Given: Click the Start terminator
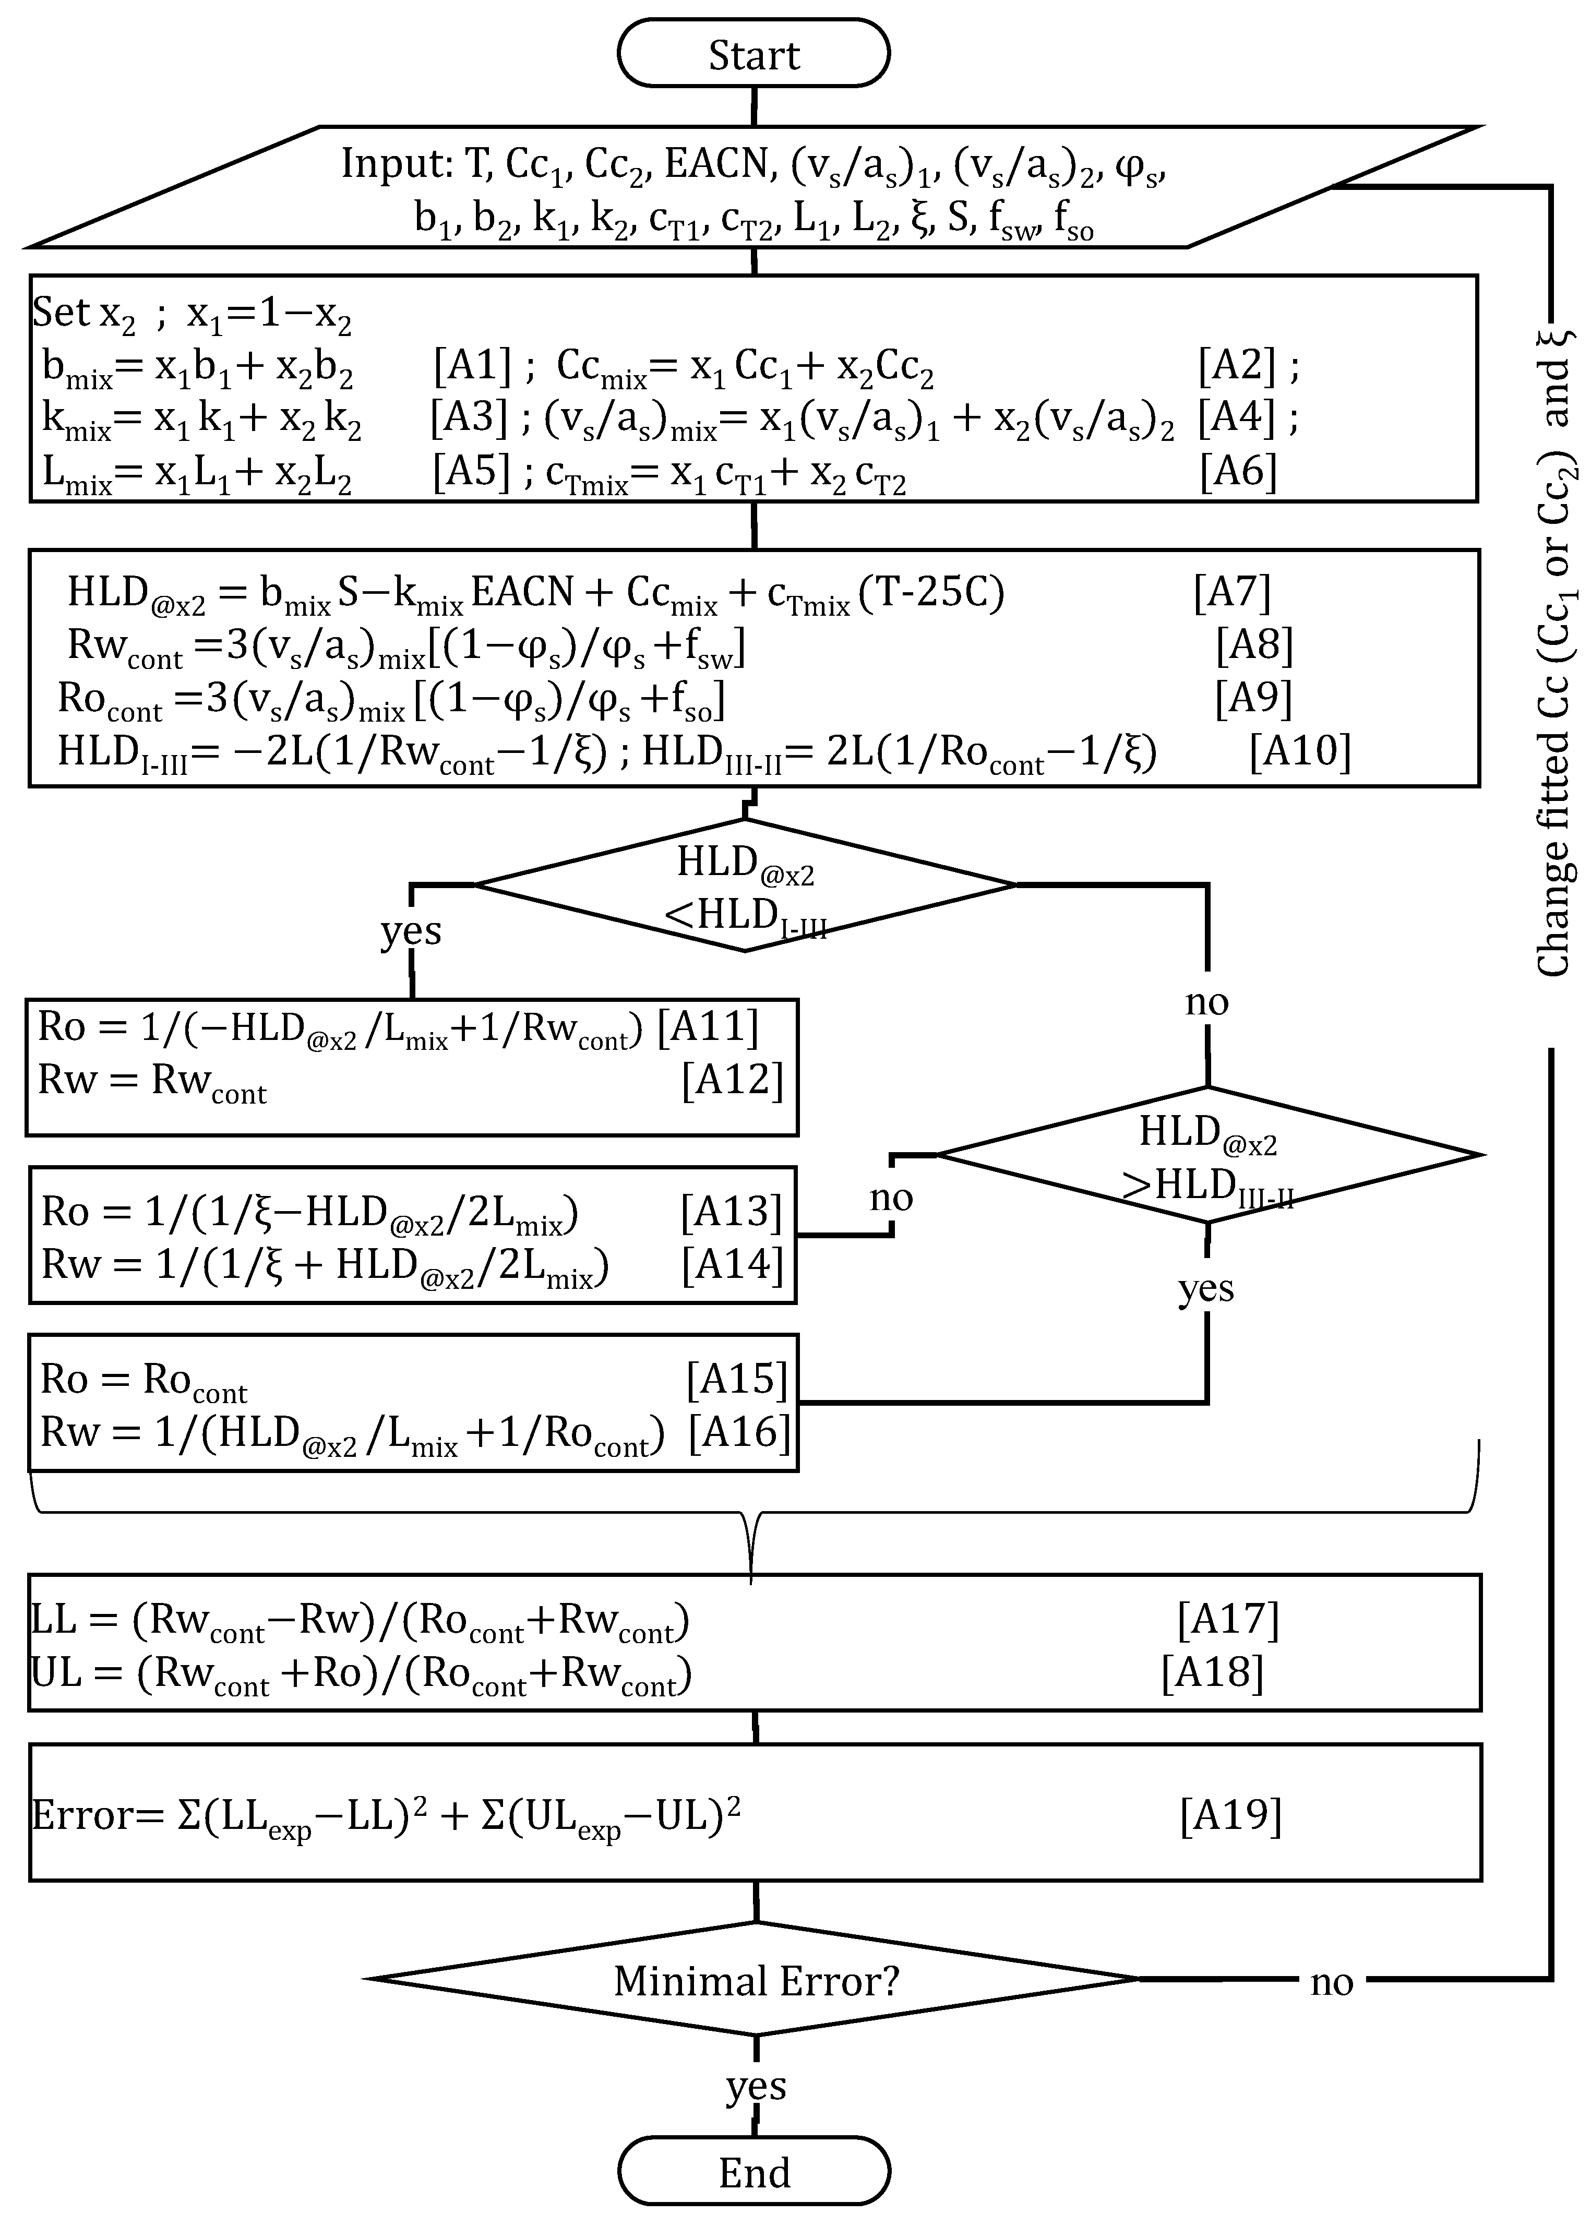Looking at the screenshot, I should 753,55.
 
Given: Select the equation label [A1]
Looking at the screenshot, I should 472,365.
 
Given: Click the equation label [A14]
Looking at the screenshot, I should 732,1265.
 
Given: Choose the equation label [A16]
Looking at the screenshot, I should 739,1432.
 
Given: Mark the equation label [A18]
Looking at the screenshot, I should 1212,1672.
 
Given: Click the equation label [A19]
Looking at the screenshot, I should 1230,1815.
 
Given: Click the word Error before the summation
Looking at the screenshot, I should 83,1815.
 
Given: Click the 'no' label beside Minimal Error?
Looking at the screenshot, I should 1331,1982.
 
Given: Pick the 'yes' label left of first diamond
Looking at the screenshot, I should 411,931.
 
